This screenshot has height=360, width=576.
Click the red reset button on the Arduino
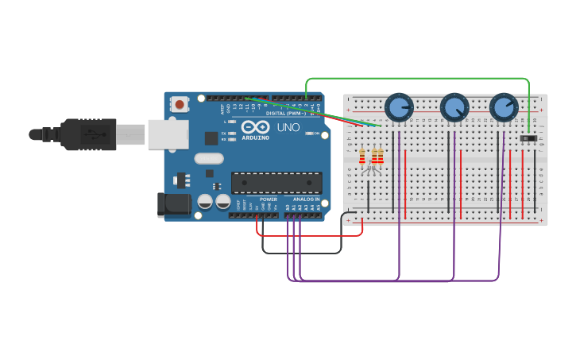coord(180,104)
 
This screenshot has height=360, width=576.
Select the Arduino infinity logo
coord(256,127)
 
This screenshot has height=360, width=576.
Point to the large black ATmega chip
coord(276,183)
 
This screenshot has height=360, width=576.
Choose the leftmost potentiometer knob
coord(399,106)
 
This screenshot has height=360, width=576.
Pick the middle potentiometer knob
coord(454,106)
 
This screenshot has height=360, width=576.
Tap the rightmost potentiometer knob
coord(504,106)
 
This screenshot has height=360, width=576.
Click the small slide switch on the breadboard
coord(528,139)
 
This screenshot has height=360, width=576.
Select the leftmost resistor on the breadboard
coord(362,156)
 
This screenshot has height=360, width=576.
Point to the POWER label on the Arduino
coord(269,199)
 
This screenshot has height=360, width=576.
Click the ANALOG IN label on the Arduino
coord(306,199)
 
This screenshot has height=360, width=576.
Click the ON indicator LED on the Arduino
coord(310,134)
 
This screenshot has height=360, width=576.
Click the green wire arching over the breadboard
coord(417,79)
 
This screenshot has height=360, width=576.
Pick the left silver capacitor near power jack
coord(205,202)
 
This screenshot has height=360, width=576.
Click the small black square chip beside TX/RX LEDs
coord(211,137)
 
